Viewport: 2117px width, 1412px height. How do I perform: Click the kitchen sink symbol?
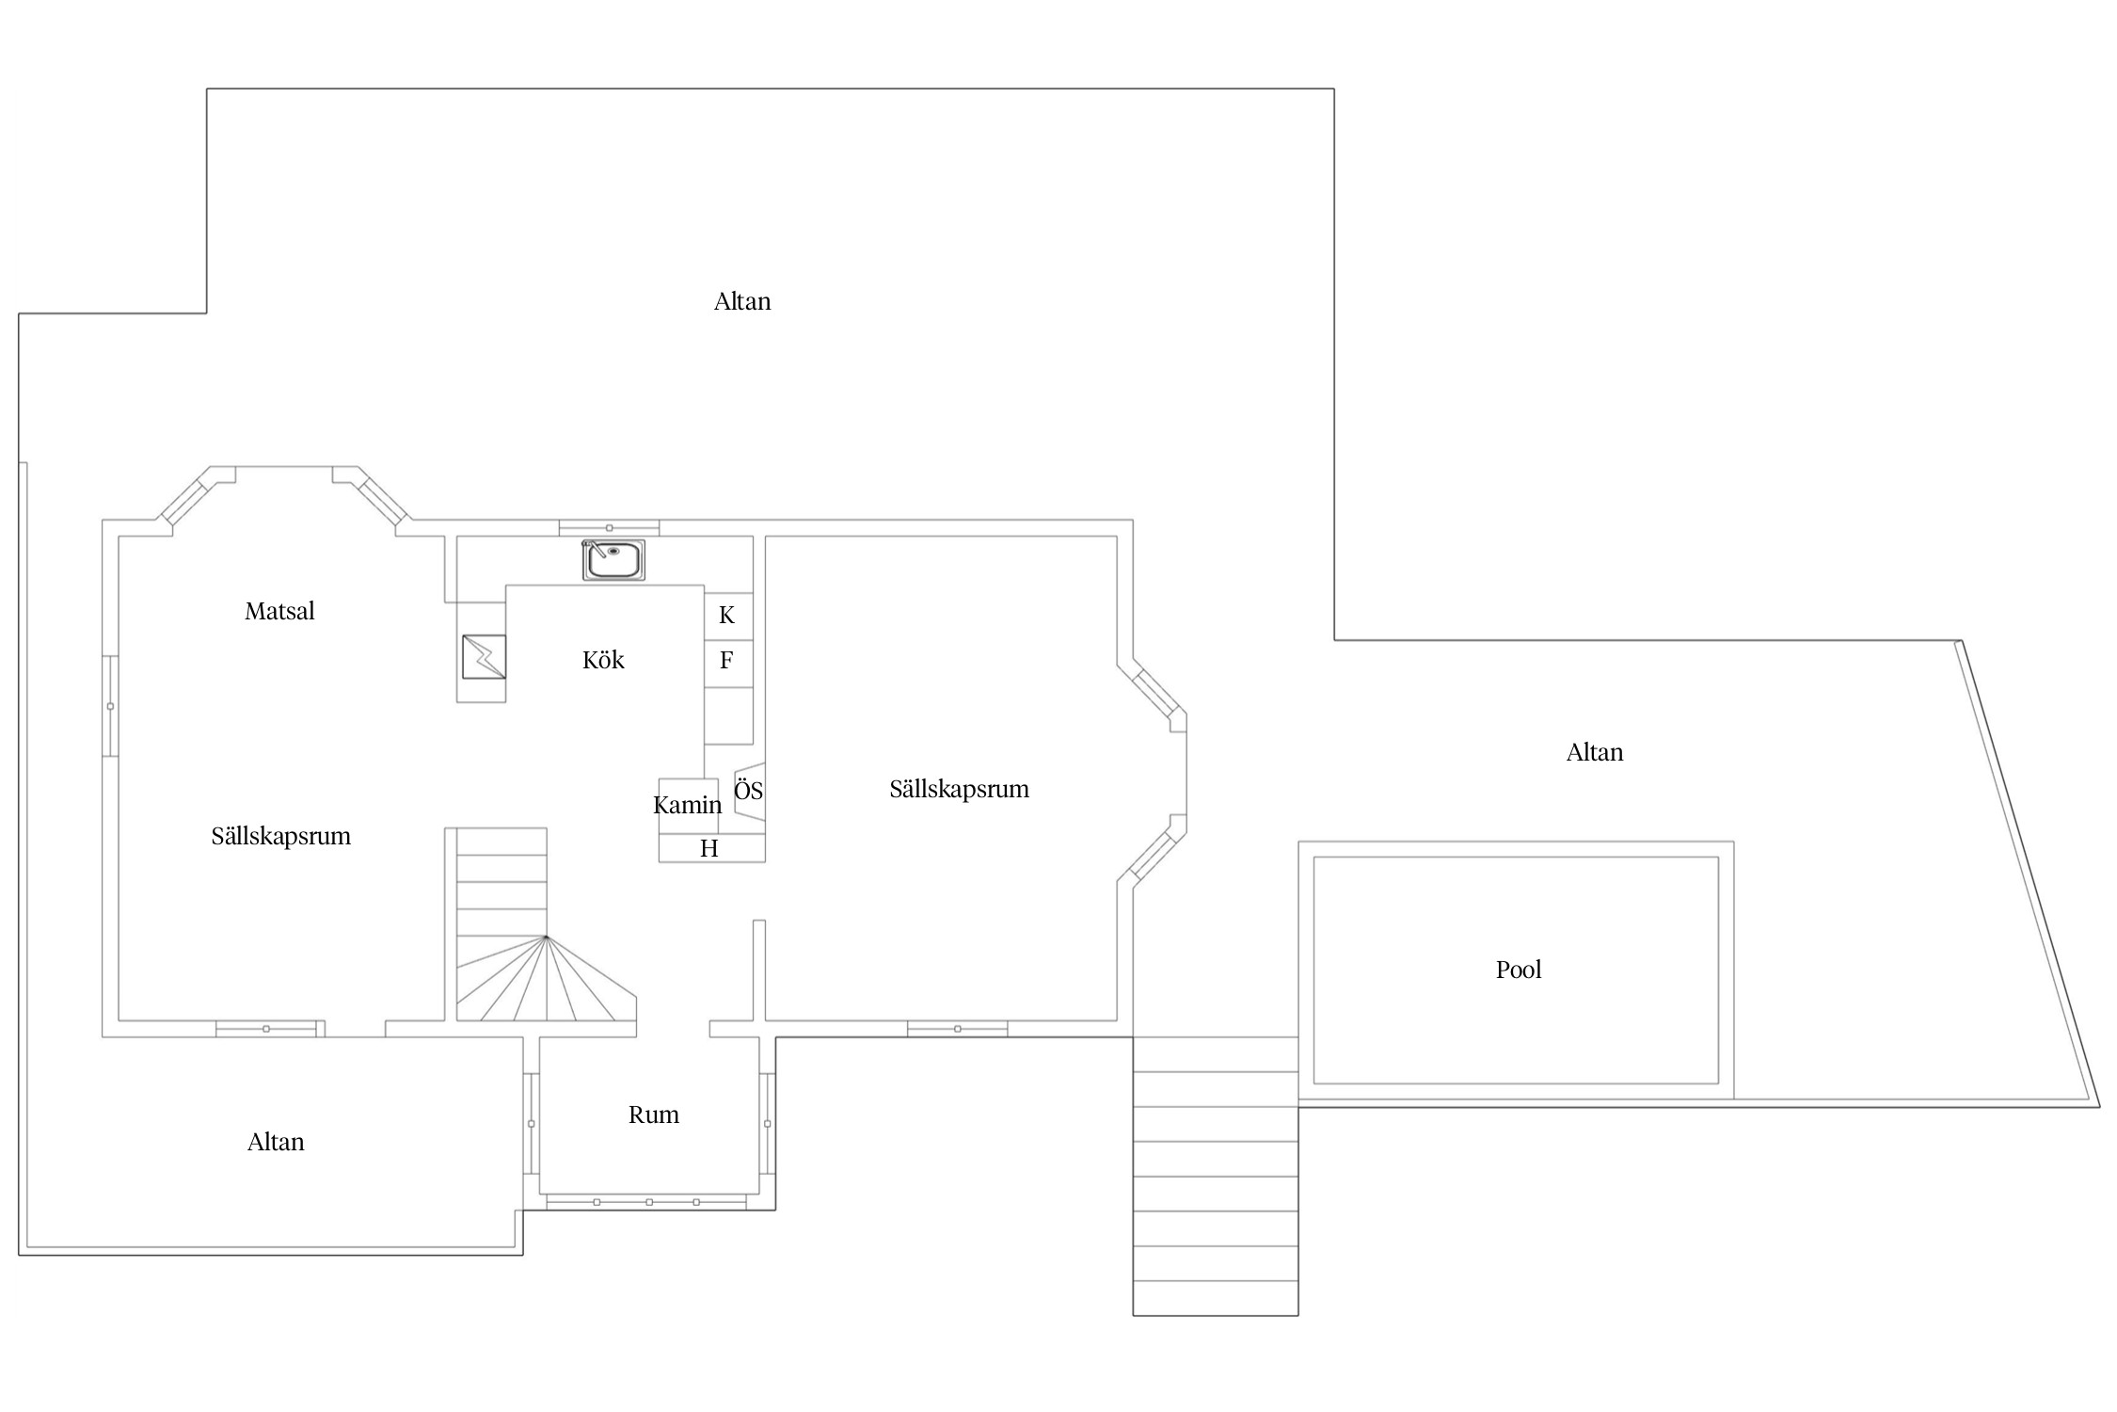click(x=613, y=560)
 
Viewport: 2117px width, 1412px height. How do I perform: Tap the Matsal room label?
click(x=279, y=611)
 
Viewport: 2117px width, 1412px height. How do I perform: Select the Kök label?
click(x=603, y=660)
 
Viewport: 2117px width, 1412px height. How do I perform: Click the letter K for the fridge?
click(x=726, y=616)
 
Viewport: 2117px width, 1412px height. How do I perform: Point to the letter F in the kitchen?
click(x=726, y=660)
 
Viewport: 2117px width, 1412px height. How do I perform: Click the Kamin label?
click(x=688, y=805)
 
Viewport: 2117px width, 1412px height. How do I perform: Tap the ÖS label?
click(x=748, y=790)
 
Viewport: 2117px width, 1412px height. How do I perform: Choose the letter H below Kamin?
click(x=709, y=848)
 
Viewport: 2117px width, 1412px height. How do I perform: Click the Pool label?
click(x=1519, y=970)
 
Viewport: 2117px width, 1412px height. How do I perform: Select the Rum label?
click(x=654, y=1115)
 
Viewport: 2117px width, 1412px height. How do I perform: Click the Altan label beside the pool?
click(x=1595, y=752)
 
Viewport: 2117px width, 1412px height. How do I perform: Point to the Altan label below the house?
click(x=276, y=1142)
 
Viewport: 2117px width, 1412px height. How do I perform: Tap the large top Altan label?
click(x=742, y=301)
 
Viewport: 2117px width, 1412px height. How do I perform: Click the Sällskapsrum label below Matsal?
click(x=281, y=836)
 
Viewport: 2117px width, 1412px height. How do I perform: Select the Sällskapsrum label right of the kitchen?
click(x=960, y=789)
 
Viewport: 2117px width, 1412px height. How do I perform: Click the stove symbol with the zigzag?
click(x=484, y=656)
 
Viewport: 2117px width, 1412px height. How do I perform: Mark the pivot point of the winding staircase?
click(x=546, y=937)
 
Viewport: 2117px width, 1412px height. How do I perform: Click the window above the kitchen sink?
click(x=609, y=528)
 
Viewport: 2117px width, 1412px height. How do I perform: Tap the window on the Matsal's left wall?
click(x=110, y=706)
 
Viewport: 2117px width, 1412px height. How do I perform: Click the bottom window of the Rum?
click(x=646, y=1202)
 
